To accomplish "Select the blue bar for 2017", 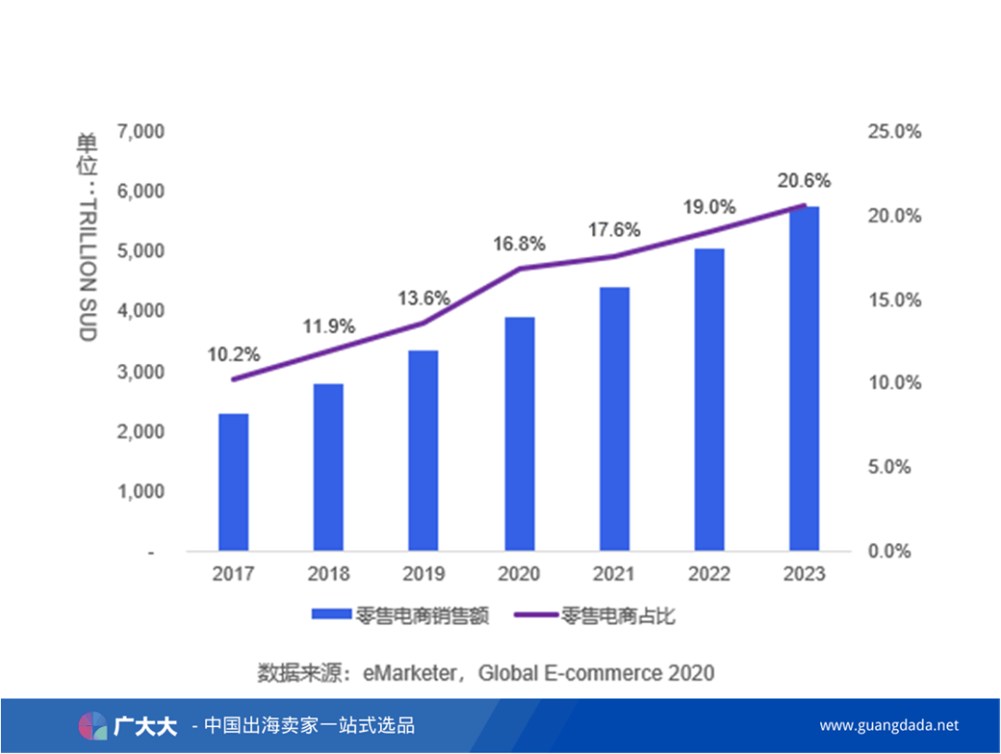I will coord(234,482).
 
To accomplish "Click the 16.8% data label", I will coord(519,244).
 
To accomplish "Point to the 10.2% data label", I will coord(234,354).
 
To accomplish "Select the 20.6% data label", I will coord(805,181).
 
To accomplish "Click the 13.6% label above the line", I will coord(424,298).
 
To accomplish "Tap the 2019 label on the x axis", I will coord(424,575).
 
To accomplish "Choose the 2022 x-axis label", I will coord(709,575).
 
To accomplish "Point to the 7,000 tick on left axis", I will coord(142,132).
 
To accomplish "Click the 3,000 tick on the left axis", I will coord(142,371).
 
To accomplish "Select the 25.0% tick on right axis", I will coord(893,132).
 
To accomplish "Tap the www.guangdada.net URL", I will coord(889,725).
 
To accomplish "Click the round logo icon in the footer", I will coord(92,725).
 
